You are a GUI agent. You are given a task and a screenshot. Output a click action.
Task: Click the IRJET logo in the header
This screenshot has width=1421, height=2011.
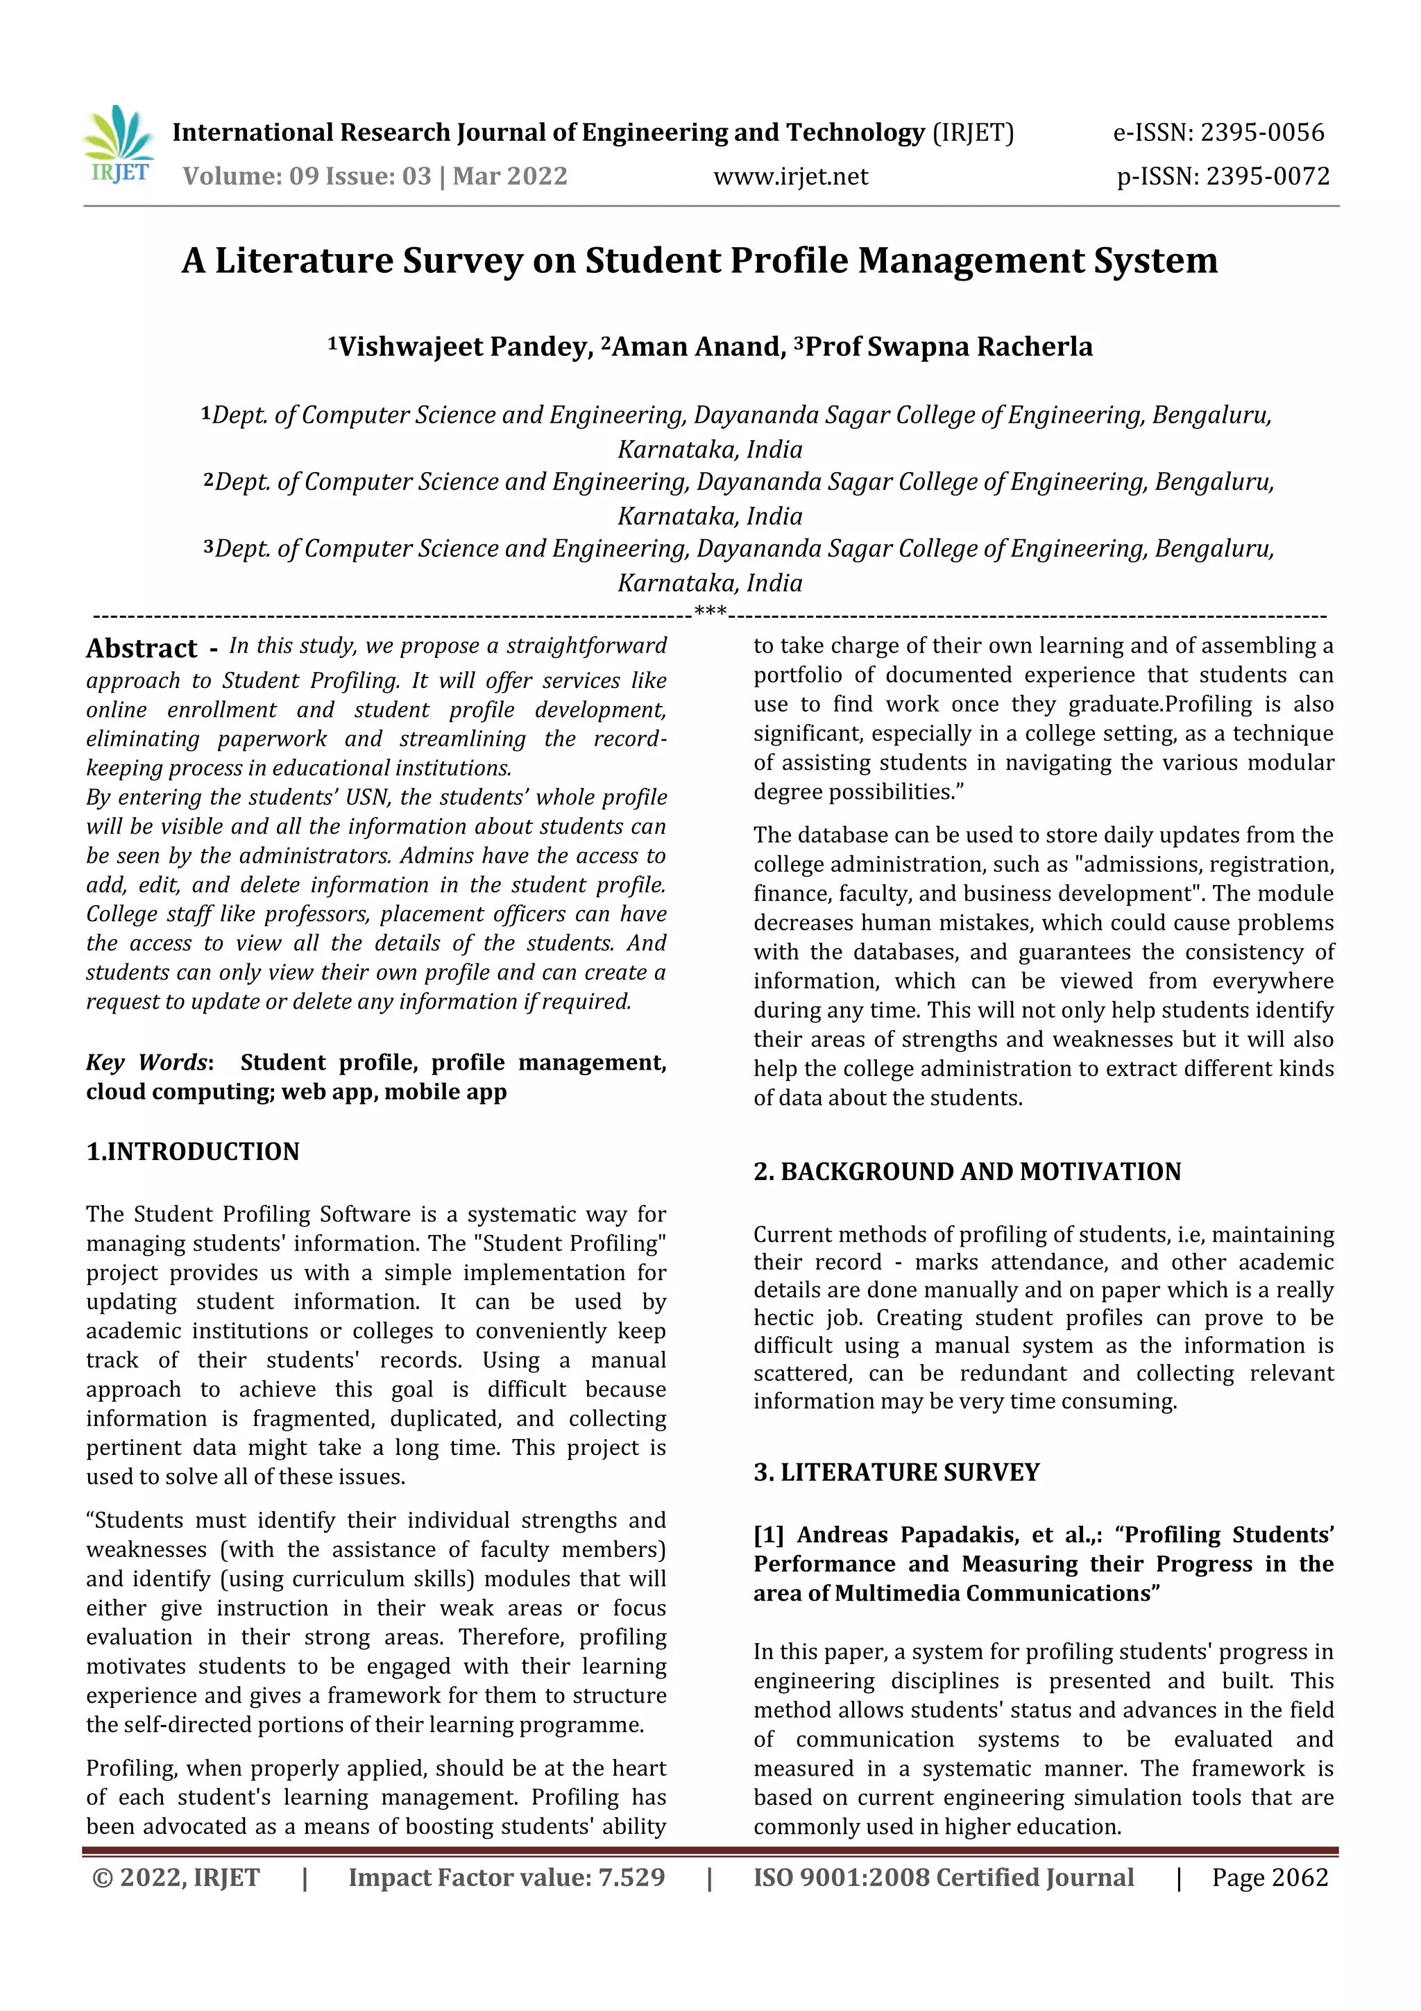(x=120, y=145)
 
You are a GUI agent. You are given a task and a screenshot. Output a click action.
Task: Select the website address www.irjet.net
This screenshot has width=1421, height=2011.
(x=790, y=177)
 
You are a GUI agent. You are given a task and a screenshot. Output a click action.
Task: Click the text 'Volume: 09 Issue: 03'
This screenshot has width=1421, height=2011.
(x=307, y=177)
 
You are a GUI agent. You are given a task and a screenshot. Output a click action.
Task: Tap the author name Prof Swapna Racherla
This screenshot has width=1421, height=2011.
(x=948, y=347)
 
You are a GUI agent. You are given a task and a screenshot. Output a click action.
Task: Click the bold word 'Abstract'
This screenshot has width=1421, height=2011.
(x=142, y=649)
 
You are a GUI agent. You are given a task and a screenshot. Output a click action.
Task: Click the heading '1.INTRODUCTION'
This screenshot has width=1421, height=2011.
(x=193, y=1152)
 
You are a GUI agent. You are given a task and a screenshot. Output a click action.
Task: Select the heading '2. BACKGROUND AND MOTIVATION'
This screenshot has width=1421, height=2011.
(x=967, y=1172)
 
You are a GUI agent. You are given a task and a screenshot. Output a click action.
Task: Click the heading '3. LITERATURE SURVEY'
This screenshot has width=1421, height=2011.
(x=896, y=1472)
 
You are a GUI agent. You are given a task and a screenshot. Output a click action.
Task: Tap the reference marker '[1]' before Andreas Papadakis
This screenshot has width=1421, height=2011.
(x=769, y=1535)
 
